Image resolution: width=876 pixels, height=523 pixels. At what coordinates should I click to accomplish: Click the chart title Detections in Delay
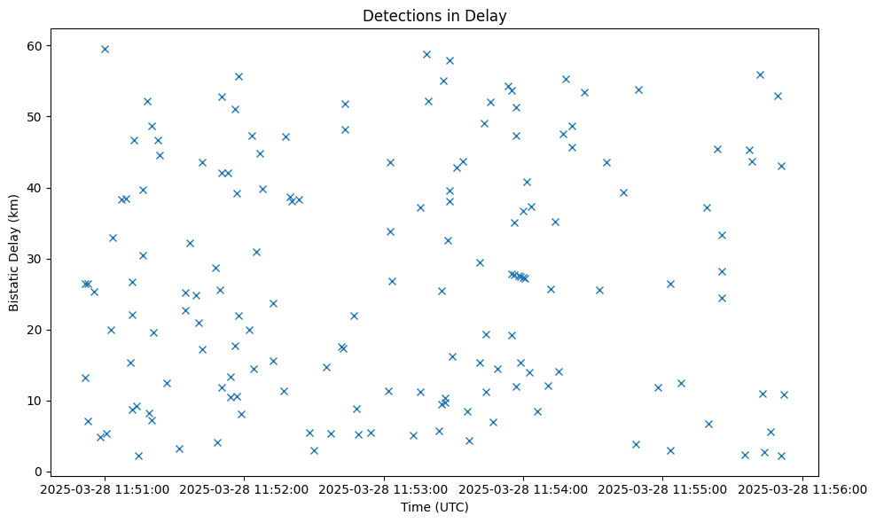tap(434, 16)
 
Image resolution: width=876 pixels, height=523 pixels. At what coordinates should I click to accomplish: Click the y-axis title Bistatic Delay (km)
tap(14, 253)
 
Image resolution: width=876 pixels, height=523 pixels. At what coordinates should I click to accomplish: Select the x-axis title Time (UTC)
tap(434, 507)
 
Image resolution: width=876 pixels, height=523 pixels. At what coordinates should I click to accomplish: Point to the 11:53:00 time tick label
tap(385, 488)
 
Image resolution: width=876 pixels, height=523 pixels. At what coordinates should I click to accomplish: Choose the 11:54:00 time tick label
tap(524, 488)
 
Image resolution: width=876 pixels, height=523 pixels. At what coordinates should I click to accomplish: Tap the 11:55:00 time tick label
tap(663, 488)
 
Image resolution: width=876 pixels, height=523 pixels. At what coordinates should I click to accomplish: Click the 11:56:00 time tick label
tap(802, 488)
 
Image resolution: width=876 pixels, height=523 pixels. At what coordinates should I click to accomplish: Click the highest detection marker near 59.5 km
tap(105, 49)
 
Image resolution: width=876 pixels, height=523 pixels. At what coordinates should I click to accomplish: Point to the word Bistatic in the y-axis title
tap(14, 282)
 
